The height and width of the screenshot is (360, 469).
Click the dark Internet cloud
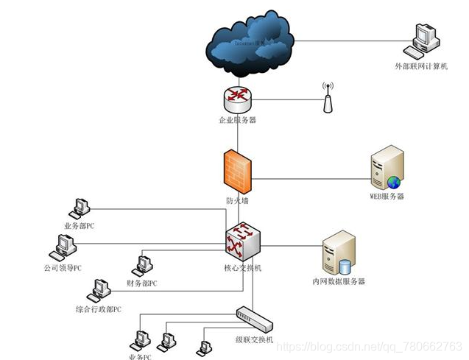point(250,40)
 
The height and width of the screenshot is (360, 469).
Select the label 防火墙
point(237,200)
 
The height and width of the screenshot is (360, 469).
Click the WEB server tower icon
point(387,168)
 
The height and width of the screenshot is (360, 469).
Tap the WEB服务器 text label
point(387,197)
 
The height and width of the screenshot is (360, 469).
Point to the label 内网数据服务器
point(339,281)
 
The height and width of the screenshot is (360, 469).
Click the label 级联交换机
point(255,339)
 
